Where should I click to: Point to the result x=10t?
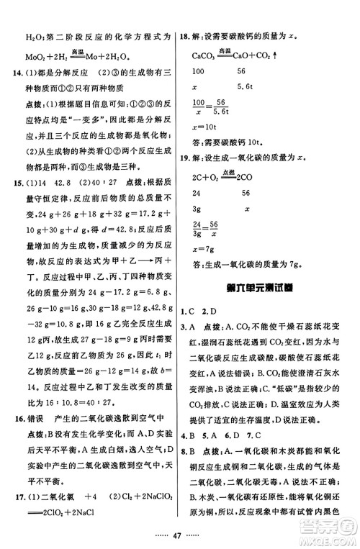[x=207, y=126]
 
